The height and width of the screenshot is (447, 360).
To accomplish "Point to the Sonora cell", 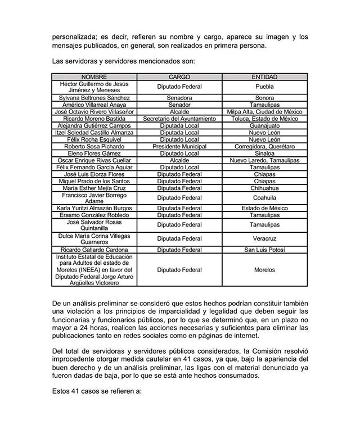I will [264, 97].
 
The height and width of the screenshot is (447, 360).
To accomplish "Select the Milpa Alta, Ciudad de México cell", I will [264, 111].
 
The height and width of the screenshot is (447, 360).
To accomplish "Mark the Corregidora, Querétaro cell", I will [264, 146].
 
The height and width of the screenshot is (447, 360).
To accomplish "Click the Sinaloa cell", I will [264, 153].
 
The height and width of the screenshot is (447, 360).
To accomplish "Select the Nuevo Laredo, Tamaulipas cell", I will [264, 160].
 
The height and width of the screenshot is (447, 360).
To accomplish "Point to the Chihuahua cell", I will [264, 188].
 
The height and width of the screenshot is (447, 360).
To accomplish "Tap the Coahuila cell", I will [264, 198].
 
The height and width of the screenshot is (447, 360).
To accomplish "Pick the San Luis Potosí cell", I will [264, 249].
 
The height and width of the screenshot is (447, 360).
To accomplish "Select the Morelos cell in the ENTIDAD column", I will [264, 270].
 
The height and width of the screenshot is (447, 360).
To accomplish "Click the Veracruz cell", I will [264, 239].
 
